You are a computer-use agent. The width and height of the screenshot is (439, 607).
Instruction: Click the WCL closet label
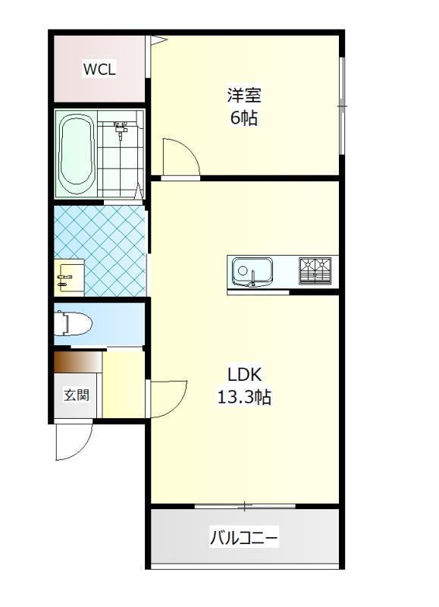pyautogui.click(x=99, y=70)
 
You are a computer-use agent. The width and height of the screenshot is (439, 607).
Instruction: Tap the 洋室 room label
pyautogui.click(x=244, y=96)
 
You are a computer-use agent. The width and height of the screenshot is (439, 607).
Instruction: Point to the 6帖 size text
pyautogui.click(x=244, y=118)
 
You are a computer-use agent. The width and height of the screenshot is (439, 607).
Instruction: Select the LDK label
pyautogui.click(x=244, y=374)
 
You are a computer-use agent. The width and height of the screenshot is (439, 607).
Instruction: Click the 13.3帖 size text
pyautogui.click(x=244, y=397)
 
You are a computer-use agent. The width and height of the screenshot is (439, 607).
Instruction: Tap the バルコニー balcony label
pyautogui.click(x=244, y=538)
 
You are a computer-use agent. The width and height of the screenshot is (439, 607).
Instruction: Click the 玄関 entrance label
pyautogui.click(x=77, y=395)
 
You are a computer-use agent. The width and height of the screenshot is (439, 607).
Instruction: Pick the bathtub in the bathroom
pyautogui.click(x=76, y=154)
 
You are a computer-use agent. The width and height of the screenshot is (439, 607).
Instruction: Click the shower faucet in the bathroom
pyautogui.click(x=121, y=130)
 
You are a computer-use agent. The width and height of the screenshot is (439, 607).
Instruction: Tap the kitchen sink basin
pyautogui.click(x=252, y=272)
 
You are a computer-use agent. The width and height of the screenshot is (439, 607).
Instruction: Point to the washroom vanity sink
pyautogui.click(x=69, y=278)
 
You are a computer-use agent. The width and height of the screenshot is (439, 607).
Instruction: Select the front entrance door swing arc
pyautogui.click(x=74, y=442)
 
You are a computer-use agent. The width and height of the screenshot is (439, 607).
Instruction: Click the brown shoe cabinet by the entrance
pyautogui.click(x=78, y=363)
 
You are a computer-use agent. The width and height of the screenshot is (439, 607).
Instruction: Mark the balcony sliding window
pyautogui.click(x=245, y=506)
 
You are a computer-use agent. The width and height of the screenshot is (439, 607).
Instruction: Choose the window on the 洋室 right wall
pyautogui.click(x=342, y=105)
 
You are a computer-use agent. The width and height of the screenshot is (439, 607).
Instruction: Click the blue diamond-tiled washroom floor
pyautogui.click(x=101, y=250)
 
